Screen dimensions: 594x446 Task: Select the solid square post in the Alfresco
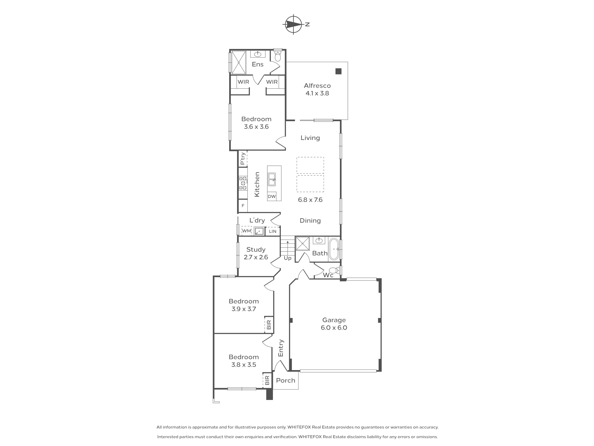338,71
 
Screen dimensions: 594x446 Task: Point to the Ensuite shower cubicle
239,62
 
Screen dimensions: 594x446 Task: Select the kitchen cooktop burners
243,183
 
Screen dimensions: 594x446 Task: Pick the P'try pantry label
243,159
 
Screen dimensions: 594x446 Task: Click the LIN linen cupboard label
273,231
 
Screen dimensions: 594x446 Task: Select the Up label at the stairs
288,258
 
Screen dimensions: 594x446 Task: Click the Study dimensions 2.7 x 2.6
256,257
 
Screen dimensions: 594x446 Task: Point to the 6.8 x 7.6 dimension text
310,200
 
